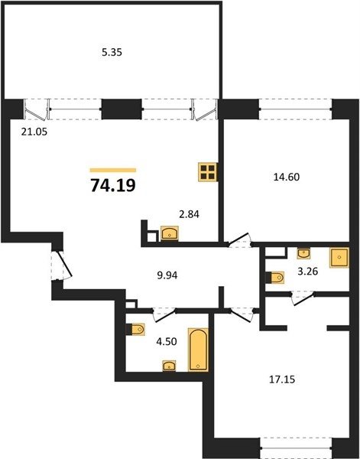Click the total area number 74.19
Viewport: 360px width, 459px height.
(113, 185)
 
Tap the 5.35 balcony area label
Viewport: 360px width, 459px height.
(112, 53)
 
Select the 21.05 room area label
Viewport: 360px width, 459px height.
(34, 132)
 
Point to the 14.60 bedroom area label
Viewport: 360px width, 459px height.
(287, 177)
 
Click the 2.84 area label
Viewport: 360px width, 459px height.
(189, 214)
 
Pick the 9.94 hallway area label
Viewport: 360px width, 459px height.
(167, 275)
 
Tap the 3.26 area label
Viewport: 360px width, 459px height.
(308, 272)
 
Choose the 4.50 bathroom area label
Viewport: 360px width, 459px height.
(167, 342)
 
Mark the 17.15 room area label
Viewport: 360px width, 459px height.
(282, 379)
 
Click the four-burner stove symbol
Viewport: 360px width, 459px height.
(208, 172)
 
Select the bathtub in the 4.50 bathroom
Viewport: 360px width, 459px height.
(198, 350)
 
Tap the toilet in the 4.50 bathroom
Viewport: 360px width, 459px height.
(136, 329)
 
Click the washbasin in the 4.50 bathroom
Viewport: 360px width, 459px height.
(170, 366)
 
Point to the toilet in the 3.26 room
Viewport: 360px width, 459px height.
(275, 278)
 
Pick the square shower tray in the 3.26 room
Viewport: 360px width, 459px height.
(339, 258)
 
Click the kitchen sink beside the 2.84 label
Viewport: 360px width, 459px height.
(170, 233)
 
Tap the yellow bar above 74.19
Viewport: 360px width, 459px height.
(113, 170)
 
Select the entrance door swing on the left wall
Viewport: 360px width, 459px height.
(62, 265)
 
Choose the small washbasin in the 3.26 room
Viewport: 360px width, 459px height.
(304, 253)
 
